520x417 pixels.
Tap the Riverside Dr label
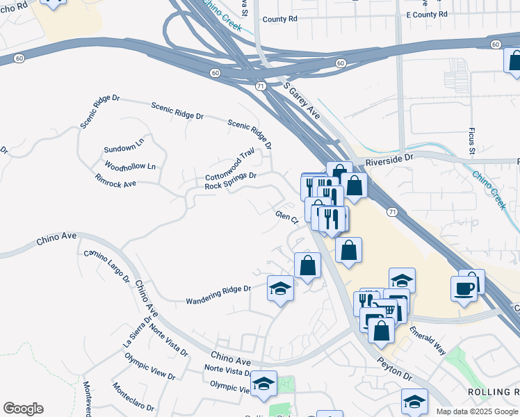click(390, 158)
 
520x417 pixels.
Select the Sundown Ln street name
click(124, 149)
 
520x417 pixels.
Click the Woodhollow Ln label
click(130, 167)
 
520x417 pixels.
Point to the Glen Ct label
click(286, 218)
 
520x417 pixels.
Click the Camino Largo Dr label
click(106, 265)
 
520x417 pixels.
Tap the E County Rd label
click(426, 14)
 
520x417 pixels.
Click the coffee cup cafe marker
click(464, 288)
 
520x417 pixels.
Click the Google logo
click(23, 409)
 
